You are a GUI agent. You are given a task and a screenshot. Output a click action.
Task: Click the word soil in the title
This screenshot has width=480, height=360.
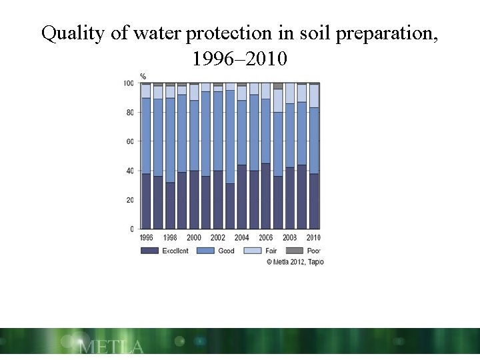(303, 33)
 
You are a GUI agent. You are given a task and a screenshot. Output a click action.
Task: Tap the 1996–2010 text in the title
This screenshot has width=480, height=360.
(239, 59)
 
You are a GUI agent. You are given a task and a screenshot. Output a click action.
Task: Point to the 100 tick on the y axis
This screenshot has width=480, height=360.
(128, 83)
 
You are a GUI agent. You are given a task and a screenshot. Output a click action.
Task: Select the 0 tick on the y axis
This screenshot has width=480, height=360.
(131, 229)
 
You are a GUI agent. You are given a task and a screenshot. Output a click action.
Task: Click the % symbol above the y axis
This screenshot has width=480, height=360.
(143, 76)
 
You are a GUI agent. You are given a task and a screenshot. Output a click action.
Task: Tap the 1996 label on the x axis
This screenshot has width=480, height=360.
(146, 237)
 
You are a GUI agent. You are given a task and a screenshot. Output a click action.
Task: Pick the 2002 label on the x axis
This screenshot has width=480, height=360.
(218, 237)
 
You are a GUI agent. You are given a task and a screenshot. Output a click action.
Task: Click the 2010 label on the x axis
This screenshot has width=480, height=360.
(313, 237)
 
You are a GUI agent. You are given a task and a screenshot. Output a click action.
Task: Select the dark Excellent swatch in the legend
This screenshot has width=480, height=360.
(149, 251)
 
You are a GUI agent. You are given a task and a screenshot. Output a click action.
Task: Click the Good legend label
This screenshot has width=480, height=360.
(226, 251)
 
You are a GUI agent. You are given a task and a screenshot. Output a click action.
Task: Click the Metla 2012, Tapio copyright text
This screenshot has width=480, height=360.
(295, 262)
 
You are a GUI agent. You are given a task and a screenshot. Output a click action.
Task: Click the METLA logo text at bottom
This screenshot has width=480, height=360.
(111, 347)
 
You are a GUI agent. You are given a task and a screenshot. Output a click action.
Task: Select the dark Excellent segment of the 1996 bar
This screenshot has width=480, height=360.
(146, 201)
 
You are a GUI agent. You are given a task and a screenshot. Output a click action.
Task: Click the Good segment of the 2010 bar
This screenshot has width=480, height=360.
(314, 141)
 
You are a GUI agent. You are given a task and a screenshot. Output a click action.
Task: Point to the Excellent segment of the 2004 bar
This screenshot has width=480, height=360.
(242, 197)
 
